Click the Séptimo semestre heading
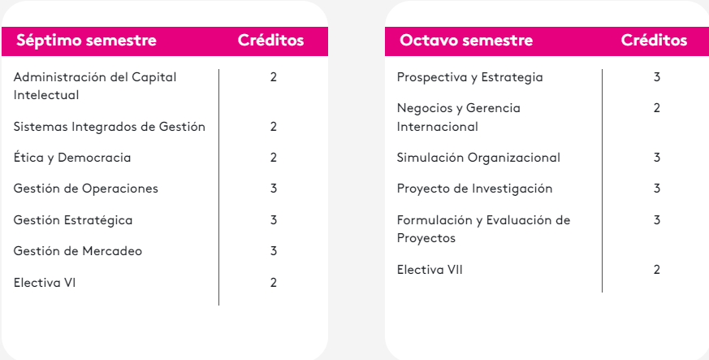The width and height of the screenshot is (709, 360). point(86,41)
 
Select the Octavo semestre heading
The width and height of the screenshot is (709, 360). point(466,41)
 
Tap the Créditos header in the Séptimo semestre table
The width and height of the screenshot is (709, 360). point(270,41)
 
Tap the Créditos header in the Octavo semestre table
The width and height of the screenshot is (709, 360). point(654,41)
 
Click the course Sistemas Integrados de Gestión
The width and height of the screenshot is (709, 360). point(110,127)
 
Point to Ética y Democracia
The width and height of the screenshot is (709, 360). point(72,158)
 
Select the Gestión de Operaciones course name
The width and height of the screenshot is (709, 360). point(86,189)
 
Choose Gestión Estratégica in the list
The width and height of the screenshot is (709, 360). point(73,220)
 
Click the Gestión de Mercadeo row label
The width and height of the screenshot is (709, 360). point(78,251)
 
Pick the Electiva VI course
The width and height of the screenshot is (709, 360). point(45,283)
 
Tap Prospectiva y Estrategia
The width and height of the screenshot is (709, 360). point(469,77)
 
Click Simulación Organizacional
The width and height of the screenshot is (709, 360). point(478,158)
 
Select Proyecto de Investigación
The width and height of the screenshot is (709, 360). point(475,189)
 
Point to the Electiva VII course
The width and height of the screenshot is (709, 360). point(430,270)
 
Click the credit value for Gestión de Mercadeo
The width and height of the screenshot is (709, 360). point(274,251)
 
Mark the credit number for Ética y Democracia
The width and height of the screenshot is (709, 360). point(274,158)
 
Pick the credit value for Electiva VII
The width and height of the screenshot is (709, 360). point(656,270)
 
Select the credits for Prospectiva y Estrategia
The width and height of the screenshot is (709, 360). point(656,77)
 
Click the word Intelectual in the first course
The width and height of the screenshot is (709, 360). point(46,95)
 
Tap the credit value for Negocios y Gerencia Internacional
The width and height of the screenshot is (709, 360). point(656,108)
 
